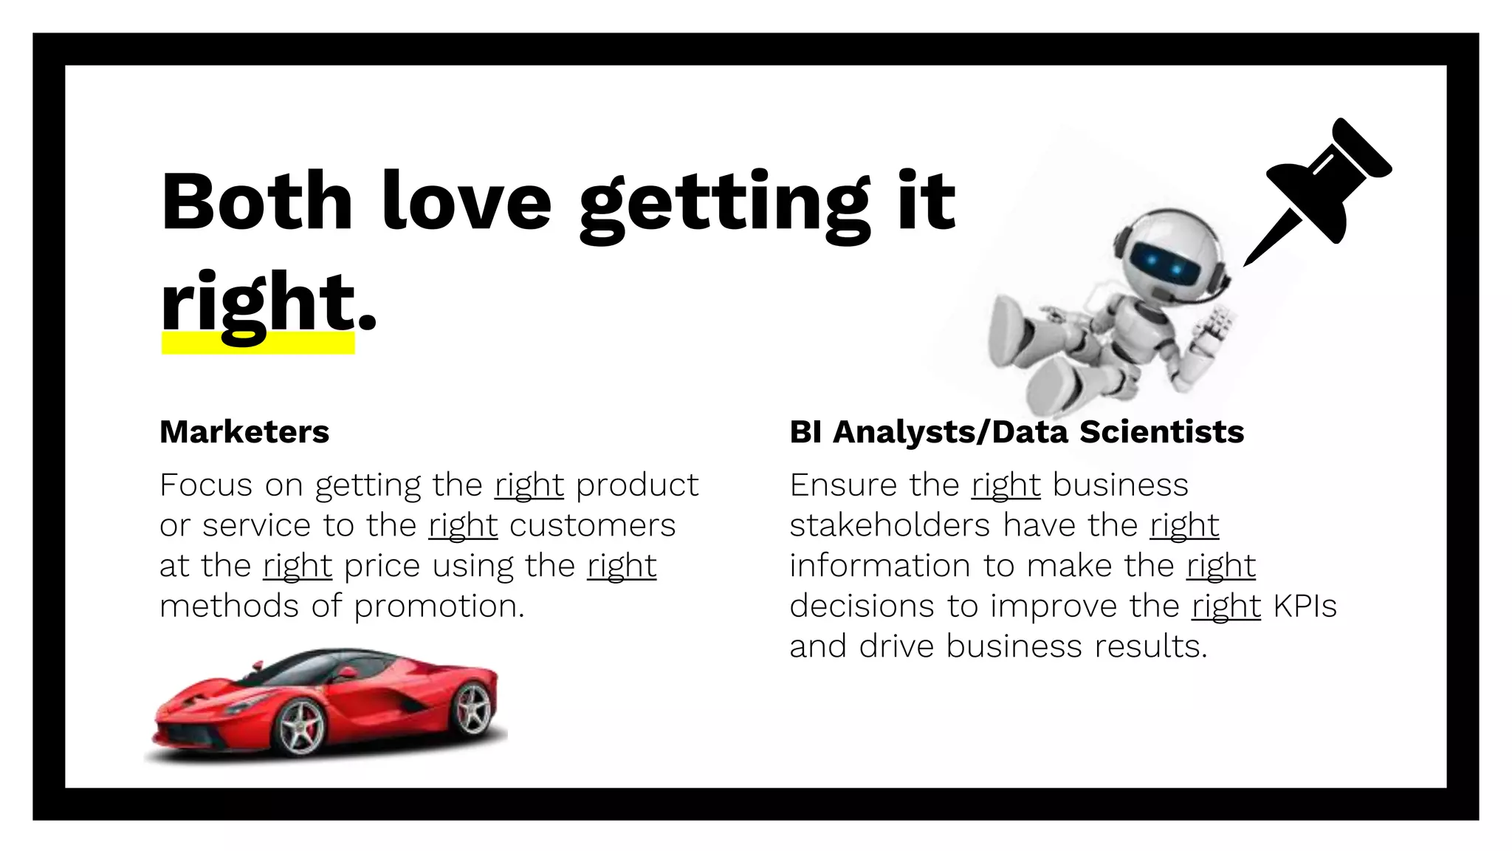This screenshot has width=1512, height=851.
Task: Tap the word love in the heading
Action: [x=467, y=201]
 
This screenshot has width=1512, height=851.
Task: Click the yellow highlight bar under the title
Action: [x=258, y=344]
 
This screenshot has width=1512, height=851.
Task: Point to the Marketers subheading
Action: [x=244, y=432]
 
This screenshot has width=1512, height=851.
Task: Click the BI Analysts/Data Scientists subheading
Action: [x=1017, y=432]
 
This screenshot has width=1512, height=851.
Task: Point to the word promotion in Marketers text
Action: [x=439, y=606]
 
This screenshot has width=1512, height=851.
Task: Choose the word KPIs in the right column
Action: [x=1305, y=606]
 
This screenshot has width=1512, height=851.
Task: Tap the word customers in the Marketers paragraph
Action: [x=592, y=526]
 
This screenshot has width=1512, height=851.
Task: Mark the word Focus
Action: [x=206, y=485]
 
